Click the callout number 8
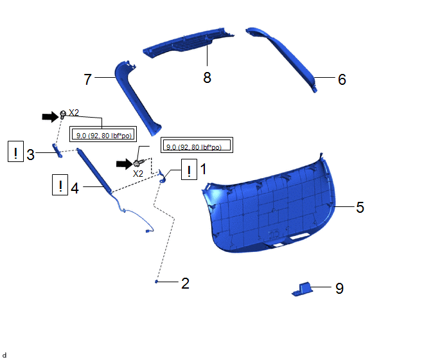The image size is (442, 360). point(207,77)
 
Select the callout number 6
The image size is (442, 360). point(342,79)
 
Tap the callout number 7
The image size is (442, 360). point(87,79)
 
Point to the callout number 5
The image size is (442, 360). point(360,208)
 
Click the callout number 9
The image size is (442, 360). point(339,289)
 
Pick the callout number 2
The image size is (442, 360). point(185,283)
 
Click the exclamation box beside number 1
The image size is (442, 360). point(189,169)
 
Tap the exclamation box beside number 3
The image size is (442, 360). point(15,152)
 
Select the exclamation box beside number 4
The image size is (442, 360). point(60,184)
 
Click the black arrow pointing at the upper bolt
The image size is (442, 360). point(50,116)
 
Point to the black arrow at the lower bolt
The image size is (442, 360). point(125,164)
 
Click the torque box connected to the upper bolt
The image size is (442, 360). point(103,134)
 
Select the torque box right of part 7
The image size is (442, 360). point(197,145)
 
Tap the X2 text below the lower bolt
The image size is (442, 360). point(138,174)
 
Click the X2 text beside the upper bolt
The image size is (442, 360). point(74,113)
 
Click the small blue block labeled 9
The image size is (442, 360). point(302,289)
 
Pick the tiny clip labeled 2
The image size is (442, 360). point(156,282)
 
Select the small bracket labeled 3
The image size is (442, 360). point(57,150)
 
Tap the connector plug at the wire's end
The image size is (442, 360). point(147,231)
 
